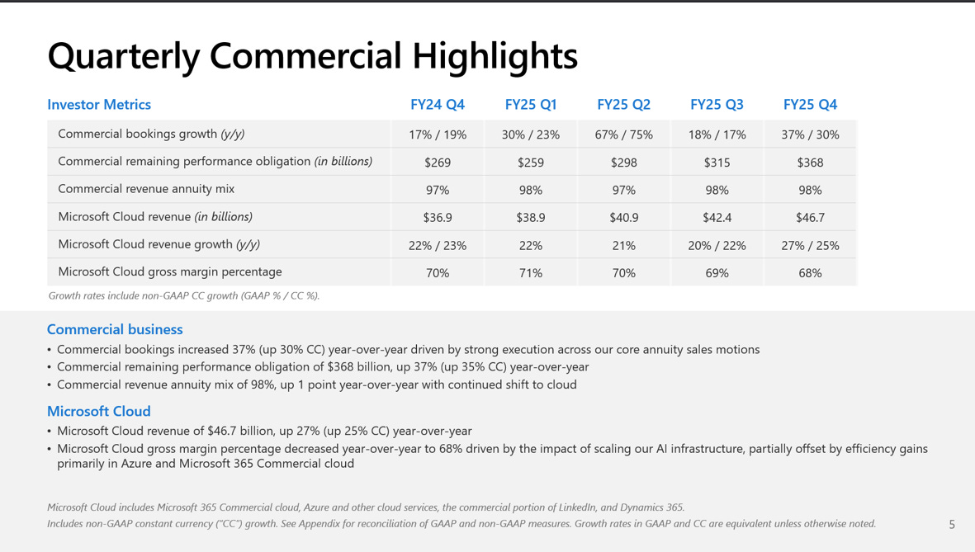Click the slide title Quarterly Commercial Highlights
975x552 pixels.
click(x=312, y=56)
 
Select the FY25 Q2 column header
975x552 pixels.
click(x=623, y=105)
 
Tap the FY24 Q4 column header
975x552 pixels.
click(x=438, y=105)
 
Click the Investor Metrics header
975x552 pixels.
click(x=99, y=105)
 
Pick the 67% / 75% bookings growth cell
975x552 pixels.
click(x=623, y=134)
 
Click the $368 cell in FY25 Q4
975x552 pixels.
click(x=810, y=163)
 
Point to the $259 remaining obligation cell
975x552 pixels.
click(x=531, y=163)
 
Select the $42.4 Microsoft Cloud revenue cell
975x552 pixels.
click(x=717, y=218)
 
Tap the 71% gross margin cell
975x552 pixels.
click(x=531, y=273)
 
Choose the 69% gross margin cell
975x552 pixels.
click(x=717, y=273)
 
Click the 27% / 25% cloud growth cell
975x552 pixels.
click(x=810, y=245)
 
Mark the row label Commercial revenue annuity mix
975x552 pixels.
click(x=146, y=189)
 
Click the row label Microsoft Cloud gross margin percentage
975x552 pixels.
click(x=169, y=271)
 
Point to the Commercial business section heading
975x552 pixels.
click(x=115, y=329)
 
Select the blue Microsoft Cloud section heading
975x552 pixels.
click(x=98, y=411)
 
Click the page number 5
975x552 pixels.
click(x=952, y=524)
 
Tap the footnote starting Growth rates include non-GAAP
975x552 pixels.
click(x=183, y=295)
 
